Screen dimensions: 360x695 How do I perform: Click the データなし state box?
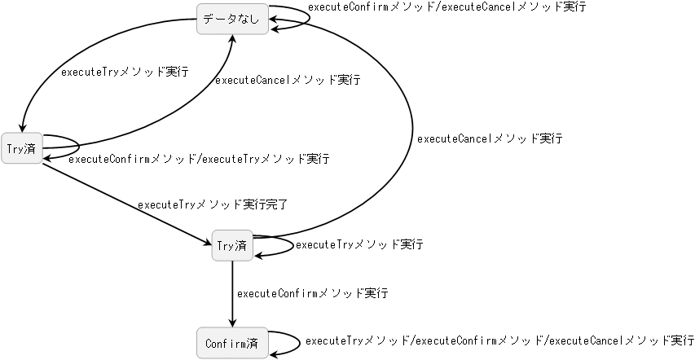pyautogui.click(x=232, y=20)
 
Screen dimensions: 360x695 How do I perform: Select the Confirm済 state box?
pyautogui.click(x=232, y=342)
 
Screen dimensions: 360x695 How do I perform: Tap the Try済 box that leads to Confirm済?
pyautogui.click(x=232, y=245)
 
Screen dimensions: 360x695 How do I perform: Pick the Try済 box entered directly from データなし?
pyautogui.click(x=21, y=147)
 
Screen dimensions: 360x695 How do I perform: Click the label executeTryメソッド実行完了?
pyautogui.click(x=213, y=204)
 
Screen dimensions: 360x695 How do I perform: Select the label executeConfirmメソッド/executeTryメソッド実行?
pyautogui.click(x=198, y=159)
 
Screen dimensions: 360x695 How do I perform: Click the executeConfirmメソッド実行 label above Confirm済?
pyautogui.click(x=311, y=293)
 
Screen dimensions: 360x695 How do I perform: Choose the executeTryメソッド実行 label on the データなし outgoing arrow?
pyautogui.click(x=125, y=72)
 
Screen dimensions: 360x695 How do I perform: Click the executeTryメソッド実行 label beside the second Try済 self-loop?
pyautogui.click(x=359, y=244)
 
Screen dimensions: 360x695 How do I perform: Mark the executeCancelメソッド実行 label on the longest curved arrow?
pyautogui.click(x=489, y=139)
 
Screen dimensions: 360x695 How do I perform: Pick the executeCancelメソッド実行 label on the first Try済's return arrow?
pyautogui.click(x=287, y=81)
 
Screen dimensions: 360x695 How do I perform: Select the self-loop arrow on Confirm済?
pyautogui.click(x=301, y=342)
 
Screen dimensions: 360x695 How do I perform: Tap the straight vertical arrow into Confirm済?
pyautogui.click(x=232, y=293)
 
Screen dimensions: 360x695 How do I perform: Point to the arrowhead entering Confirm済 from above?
pyautogui.click(x=232, y=322)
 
